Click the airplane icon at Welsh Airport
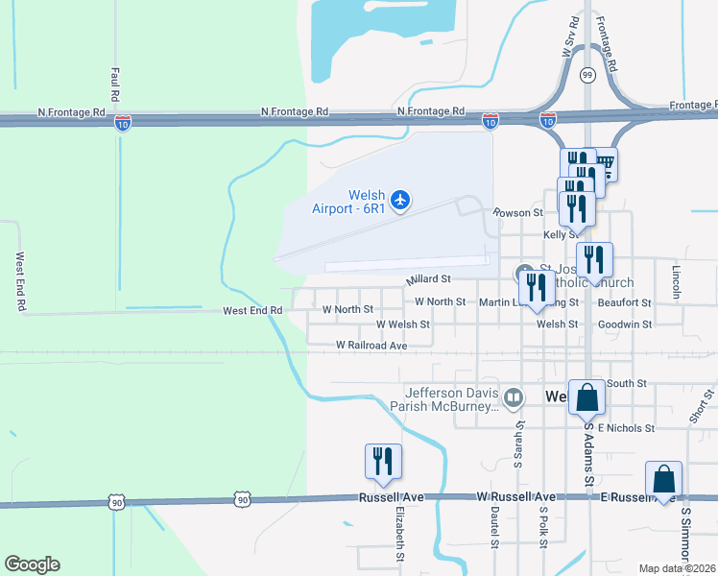400,200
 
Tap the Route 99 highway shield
586,74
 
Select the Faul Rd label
115,84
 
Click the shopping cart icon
605,165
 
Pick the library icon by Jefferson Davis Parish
514,396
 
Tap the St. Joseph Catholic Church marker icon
524,272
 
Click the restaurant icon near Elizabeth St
383,461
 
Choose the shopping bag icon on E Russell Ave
663,479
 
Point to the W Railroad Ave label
371,345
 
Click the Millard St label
428,279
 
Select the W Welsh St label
403,324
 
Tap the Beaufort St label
624,301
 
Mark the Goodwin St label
625,324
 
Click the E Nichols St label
626,427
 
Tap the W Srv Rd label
572,38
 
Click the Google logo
32,564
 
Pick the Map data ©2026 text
676,568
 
